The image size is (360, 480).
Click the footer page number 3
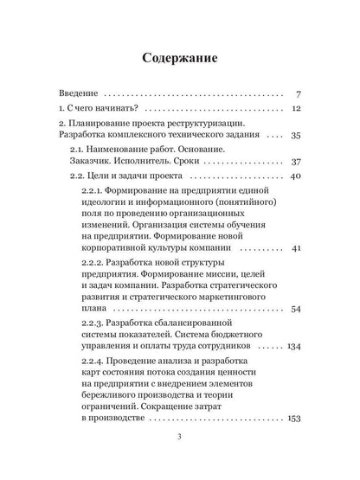(179, 460)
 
